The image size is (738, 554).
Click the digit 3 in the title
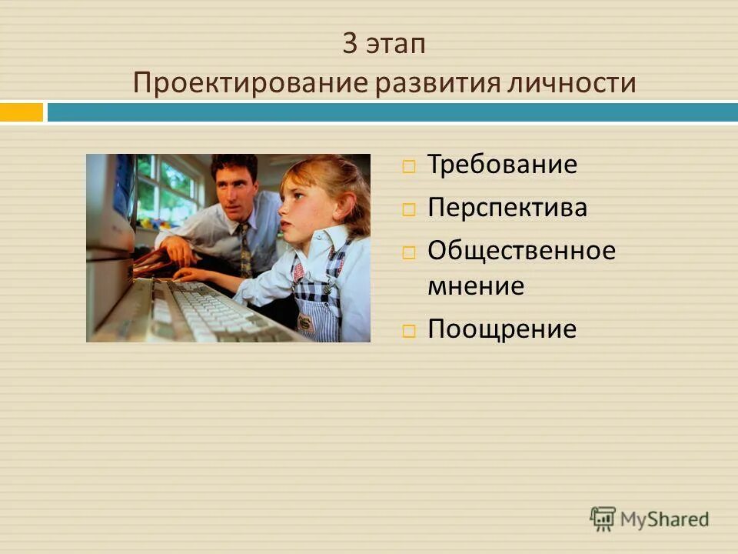click(x=350, y=45)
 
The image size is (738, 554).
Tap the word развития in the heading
click(x=421, y=83)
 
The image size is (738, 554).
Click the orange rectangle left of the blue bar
click(x=21, y=112)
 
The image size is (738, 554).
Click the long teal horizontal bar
click(x=392, y=112)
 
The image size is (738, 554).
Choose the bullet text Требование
click(x=502, y=165)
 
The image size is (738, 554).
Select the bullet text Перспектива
click(x=507, y=208)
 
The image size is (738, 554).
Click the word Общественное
click(x=521, y=251)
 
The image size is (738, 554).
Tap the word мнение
click(x=476, y=286)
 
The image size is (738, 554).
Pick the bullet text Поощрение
click(x=502, y=329)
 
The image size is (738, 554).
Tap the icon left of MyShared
click(x=603, y=518)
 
